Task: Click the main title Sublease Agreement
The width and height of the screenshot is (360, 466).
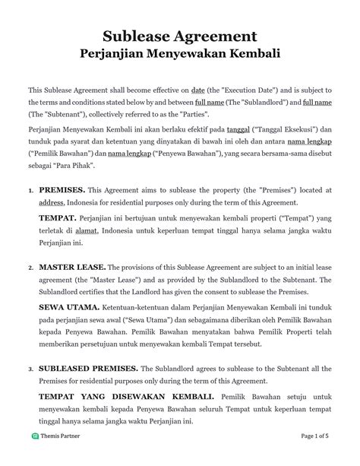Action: (x=180, y=35)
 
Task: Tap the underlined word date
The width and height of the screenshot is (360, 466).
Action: (x=200, y=90)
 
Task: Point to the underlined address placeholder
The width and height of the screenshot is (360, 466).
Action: (x=52, y=203)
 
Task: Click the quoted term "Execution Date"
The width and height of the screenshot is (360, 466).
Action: (x=248, y=90)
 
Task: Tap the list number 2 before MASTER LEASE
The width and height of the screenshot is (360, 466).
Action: (x=30, y=268)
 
